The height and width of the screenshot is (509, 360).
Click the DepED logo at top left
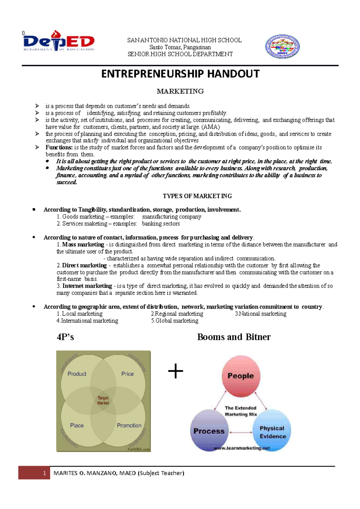click(x=59, y=41)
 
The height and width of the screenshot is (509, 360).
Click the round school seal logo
click(x=282, y=46)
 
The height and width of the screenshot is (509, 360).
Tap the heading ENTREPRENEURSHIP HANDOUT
click(x=180, y=74)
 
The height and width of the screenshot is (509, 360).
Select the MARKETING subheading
click(x=180, y=91)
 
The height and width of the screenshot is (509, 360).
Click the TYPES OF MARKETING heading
click(x=197, y=196)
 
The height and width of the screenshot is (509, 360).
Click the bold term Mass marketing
click(x=83, y=245)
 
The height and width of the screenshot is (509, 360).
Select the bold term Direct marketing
click(x=84, y=266)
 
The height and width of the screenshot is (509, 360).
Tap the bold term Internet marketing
click(x=87, y=286)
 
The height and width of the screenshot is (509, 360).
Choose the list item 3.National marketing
click(x=260, y=314)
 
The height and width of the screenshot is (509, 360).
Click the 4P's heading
click(x=65, y=337)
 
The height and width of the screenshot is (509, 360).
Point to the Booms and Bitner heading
click(x=234, y=337)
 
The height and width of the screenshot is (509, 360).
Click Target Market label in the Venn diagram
click(x=103, y=400)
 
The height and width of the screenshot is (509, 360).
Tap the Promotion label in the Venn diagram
click(x=129, y=425)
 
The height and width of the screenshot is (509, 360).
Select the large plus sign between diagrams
click(x=175, y=372)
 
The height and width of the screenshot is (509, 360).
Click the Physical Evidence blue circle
click(x=272, y=432)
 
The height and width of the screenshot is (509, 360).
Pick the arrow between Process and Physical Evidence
click(x=241, y=432)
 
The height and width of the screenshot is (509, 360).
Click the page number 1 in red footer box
click(x=44, y=473)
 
